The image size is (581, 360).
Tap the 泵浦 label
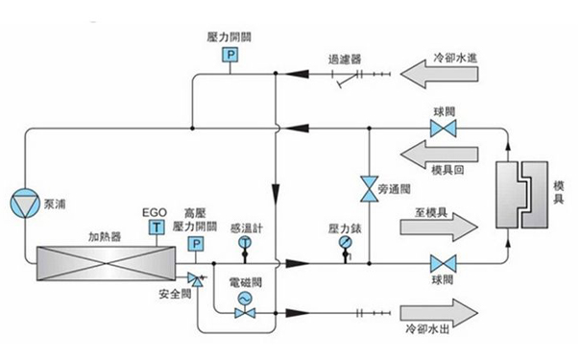(56, 204)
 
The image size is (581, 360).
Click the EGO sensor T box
(155, 228)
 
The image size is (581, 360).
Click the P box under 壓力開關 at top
(230, 56)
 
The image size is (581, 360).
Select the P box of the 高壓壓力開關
(196, 246)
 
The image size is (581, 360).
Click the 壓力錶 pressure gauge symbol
(345, 244)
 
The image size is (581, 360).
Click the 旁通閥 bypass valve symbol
(367, 188)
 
